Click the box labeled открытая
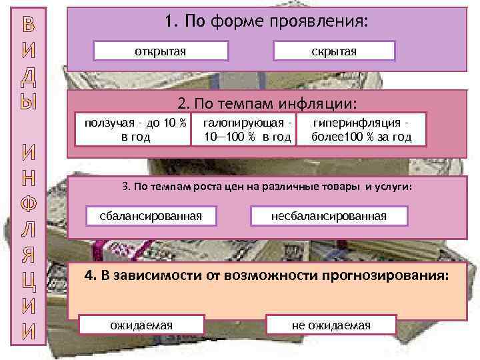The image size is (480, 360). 161,51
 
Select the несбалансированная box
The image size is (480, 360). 329,215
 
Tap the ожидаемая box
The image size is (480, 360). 141,325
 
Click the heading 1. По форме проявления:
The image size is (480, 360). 266,23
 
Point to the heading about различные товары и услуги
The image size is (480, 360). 267,188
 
